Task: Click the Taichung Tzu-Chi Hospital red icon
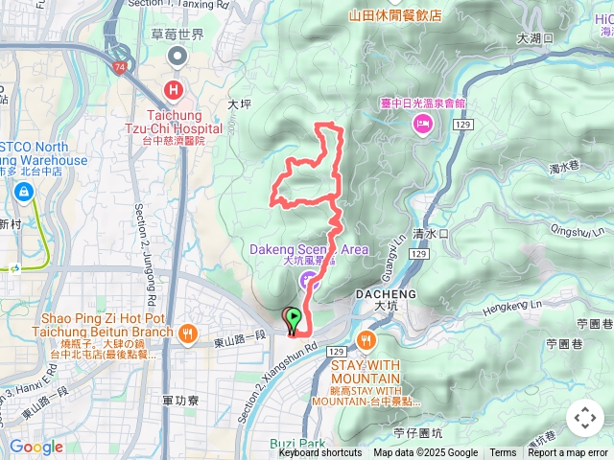click(x=174, y=90)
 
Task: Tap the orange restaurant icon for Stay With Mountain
click(x=366, y=340)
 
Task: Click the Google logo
click(x=35, y=447)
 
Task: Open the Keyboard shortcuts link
click(x=320, y=453)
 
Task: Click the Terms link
click(x=503, y=453)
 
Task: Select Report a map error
click(x=569, y=453)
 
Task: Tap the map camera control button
click(x=584, y=419)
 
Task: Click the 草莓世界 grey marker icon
click(x=177, y=57)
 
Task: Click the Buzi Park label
click(x=297, y=444)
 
